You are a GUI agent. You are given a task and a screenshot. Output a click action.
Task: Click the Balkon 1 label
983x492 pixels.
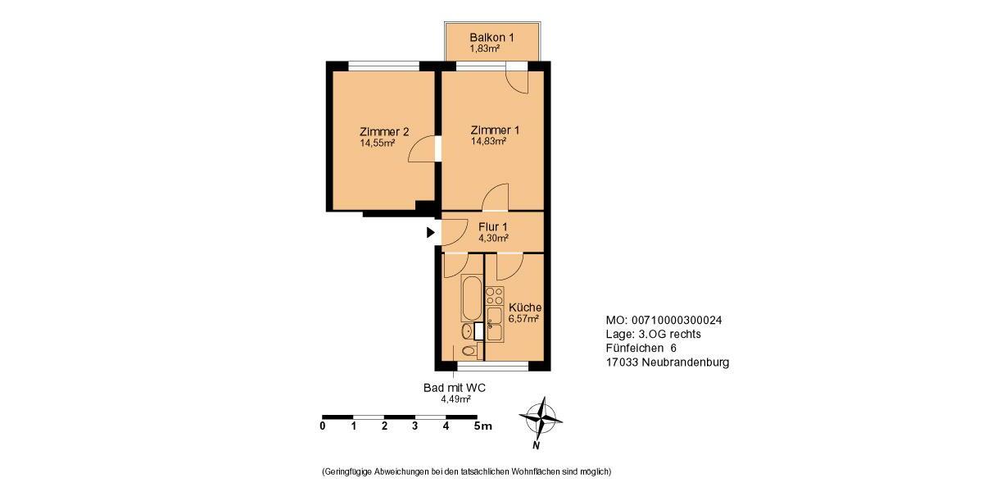pos(491,37)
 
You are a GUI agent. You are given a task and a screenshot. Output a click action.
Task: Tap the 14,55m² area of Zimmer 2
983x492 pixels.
pos(377,143)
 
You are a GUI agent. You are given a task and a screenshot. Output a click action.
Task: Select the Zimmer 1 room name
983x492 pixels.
pos(495,130)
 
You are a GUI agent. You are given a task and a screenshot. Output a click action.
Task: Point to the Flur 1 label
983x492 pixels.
pos(493,226)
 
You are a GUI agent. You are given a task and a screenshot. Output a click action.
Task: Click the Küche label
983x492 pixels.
pos(524,307)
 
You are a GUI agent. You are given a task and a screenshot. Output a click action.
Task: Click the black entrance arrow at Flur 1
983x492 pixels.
pos(431,233)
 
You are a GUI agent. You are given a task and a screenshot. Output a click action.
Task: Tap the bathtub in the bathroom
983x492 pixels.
pos(471,298)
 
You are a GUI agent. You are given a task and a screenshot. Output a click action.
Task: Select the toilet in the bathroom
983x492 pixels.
pos(468,352)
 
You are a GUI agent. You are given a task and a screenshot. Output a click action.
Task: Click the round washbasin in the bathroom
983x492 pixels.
pos(466,331)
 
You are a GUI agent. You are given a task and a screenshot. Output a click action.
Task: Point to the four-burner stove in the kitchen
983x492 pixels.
pos(494,294)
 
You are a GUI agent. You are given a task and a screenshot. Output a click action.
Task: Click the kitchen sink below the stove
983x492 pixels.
pos(494,324)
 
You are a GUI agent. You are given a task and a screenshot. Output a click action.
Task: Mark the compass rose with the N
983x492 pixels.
pos(541,418)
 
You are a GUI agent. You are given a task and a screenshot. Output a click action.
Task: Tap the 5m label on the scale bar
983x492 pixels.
pos(482,426)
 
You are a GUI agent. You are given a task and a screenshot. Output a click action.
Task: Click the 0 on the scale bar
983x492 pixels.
pos(323,426)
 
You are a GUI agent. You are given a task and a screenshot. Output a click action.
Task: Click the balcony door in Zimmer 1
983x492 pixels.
pos(518,79)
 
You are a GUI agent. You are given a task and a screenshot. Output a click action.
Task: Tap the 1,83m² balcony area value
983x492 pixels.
pos(484,48)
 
